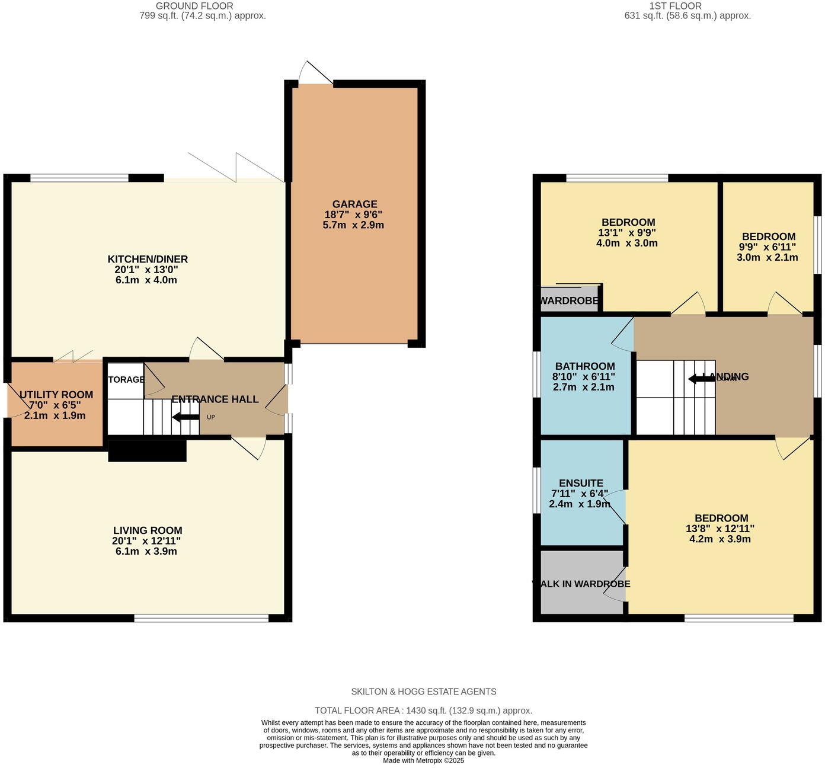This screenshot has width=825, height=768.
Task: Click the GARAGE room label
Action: point(354,204)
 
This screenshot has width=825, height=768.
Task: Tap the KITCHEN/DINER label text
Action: point(148,259)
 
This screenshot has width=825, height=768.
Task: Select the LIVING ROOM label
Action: point(148,530)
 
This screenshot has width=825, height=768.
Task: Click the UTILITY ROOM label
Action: point(56,395)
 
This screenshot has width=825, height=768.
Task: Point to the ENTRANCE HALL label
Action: point(215,399)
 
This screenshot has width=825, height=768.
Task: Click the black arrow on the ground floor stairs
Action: point(186,417)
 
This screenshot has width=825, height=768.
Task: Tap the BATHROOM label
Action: point(584,366)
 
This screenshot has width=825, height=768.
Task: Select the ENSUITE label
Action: point(581,483)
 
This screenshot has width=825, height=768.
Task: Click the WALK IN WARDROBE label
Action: point(581,584)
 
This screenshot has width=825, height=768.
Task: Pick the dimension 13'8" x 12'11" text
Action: point(720,529)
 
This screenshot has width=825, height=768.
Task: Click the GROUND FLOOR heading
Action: point(194,6)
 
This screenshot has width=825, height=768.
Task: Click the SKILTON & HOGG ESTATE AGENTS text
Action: point(423,692)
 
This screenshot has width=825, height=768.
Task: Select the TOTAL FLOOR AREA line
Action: point(423,711)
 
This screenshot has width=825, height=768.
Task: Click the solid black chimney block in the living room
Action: point(148,450)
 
